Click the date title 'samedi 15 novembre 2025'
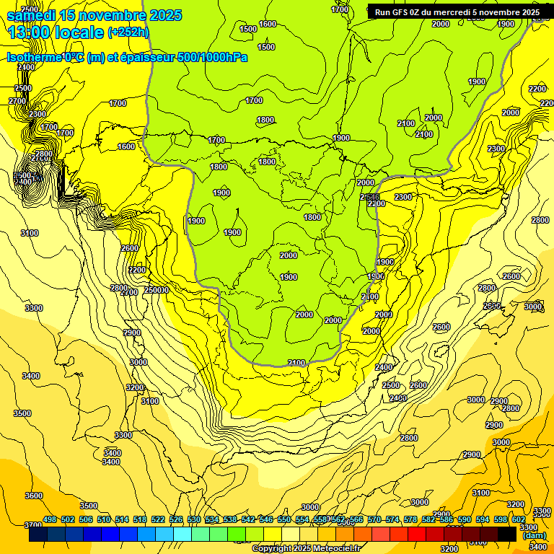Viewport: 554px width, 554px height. tap(94, 15)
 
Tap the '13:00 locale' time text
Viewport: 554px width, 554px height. tap(56, 32)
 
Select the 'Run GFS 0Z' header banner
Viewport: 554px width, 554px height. tap(457, 12)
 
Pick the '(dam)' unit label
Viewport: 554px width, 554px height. tap(534, 535)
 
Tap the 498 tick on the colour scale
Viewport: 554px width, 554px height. tap(50, 520)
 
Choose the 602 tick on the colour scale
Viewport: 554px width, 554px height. tap(519, 520)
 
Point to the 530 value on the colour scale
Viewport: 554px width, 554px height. tap(194, 520)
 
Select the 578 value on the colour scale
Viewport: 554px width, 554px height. tap(410, 520)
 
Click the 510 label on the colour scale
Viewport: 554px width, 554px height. tap(104, 520)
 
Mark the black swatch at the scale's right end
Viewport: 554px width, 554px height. tap(507, 534)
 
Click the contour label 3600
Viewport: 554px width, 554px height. tap(33, 496)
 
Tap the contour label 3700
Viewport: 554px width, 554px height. tap(33, 525)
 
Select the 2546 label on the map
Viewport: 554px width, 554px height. tap(370, 197)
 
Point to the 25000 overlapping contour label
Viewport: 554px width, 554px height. tap(157, 290)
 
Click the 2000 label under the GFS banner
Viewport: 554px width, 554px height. tap(440, 24)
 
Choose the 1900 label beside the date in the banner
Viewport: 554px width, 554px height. tap(506, 24)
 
